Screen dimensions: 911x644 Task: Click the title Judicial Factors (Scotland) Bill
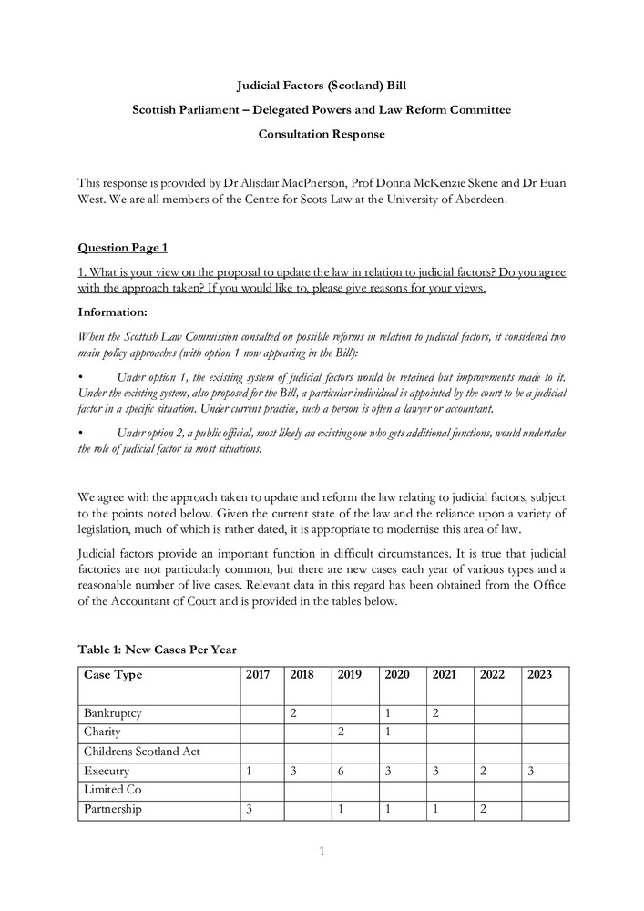tap(322, 86)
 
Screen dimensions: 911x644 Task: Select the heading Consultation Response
tap(322, 135)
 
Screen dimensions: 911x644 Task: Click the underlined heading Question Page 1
tap(123, 247)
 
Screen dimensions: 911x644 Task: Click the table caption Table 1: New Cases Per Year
tap(157, 650)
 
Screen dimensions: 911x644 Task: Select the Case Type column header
tap(113, 675)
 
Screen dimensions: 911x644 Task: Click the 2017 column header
tap(259, 675)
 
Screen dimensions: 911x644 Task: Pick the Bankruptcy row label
tap(113, 713)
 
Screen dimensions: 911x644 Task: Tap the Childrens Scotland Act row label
tap(142, 752)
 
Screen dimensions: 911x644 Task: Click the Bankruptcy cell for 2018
tap(293, 713)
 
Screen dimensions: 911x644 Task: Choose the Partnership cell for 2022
tap(484, 809)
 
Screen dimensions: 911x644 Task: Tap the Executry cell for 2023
tap(531, 771)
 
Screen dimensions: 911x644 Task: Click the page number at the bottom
tap(322, 852)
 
